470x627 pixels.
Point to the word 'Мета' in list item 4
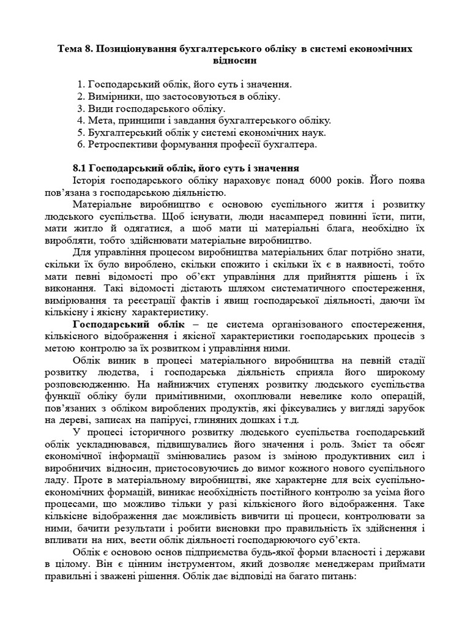click(x=102, y=121)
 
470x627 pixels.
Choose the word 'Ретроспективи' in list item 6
click(x=126, y=145)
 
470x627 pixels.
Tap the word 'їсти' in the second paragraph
click(x=371, y=217)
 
